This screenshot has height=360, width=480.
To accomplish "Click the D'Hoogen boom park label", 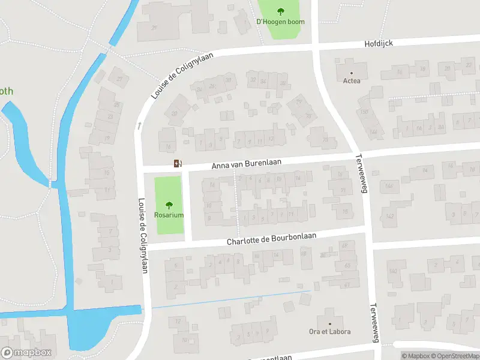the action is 280,22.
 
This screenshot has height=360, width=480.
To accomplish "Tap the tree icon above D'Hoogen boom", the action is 280,11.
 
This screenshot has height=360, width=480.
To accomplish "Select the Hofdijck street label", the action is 379,44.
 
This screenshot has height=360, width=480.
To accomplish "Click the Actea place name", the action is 352,81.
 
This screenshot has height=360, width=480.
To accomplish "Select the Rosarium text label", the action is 169,215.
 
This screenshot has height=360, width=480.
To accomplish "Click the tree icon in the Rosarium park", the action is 169,204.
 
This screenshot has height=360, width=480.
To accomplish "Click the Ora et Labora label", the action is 330,332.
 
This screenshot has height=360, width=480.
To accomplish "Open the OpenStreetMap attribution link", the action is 455,356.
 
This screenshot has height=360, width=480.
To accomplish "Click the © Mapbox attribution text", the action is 415,356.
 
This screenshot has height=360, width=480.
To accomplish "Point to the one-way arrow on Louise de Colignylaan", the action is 139,125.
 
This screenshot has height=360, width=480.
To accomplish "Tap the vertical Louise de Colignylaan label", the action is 143,236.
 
